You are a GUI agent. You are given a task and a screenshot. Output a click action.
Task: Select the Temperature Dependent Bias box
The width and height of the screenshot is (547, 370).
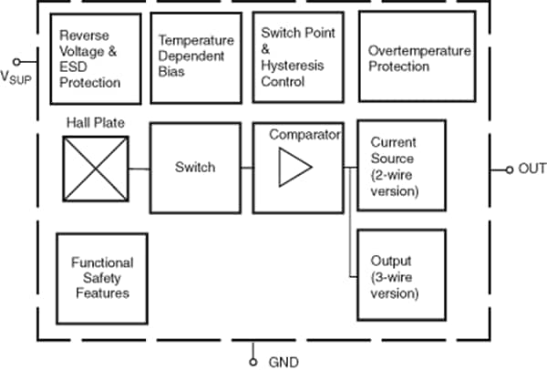tap(195, 57)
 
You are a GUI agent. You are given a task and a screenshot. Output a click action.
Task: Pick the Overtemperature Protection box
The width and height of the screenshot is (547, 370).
tap(417, 57)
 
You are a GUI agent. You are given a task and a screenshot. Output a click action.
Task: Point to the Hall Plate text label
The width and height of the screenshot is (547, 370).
tap(96, 121)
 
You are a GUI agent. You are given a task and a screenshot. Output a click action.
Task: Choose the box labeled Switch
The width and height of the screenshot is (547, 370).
tap(195, 167)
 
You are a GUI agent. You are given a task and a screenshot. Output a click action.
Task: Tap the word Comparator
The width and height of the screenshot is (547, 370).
tap(304, 135)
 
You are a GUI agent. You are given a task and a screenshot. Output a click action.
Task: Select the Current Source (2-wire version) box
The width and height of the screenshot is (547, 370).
tap(401, 166)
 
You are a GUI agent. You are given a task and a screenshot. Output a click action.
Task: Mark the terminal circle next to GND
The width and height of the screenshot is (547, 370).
tap(254, 361)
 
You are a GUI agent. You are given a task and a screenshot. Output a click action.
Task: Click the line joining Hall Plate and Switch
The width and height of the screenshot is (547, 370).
tap(139, 168)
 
